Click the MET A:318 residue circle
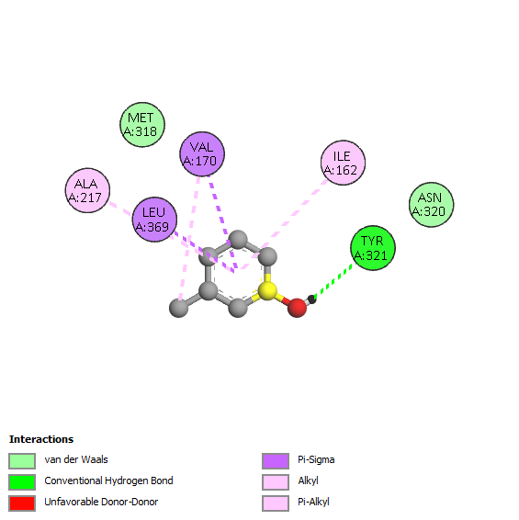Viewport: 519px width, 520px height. coord(142,125)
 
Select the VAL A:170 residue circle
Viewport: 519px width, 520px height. coord(202,153)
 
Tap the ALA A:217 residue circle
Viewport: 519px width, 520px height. coord(87,190)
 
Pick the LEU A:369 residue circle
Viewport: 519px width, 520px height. coord(154,220)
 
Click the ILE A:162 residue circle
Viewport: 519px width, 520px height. coord(343,163)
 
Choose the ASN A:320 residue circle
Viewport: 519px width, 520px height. coord(431,205)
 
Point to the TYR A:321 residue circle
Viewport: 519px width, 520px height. coord(373,248)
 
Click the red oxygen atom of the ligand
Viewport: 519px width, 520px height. coord(297,308)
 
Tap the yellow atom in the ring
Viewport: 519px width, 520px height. coord(267,291)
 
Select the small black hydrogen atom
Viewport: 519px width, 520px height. coord(311,300)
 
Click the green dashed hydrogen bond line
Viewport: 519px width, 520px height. coord(334,279)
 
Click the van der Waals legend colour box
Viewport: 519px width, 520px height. coord(22,461)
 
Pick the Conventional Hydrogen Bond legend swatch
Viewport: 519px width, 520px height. coord(22,482)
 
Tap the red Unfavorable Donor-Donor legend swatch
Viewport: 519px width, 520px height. coord(22,503)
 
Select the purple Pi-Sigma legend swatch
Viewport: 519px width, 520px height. coord(276,461)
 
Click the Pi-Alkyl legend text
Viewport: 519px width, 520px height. coord(313,502)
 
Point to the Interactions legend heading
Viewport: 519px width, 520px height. coord(41,439)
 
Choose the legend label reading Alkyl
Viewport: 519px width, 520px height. coord(308,480)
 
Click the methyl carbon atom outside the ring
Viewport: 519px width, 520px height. coord(179,308)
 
